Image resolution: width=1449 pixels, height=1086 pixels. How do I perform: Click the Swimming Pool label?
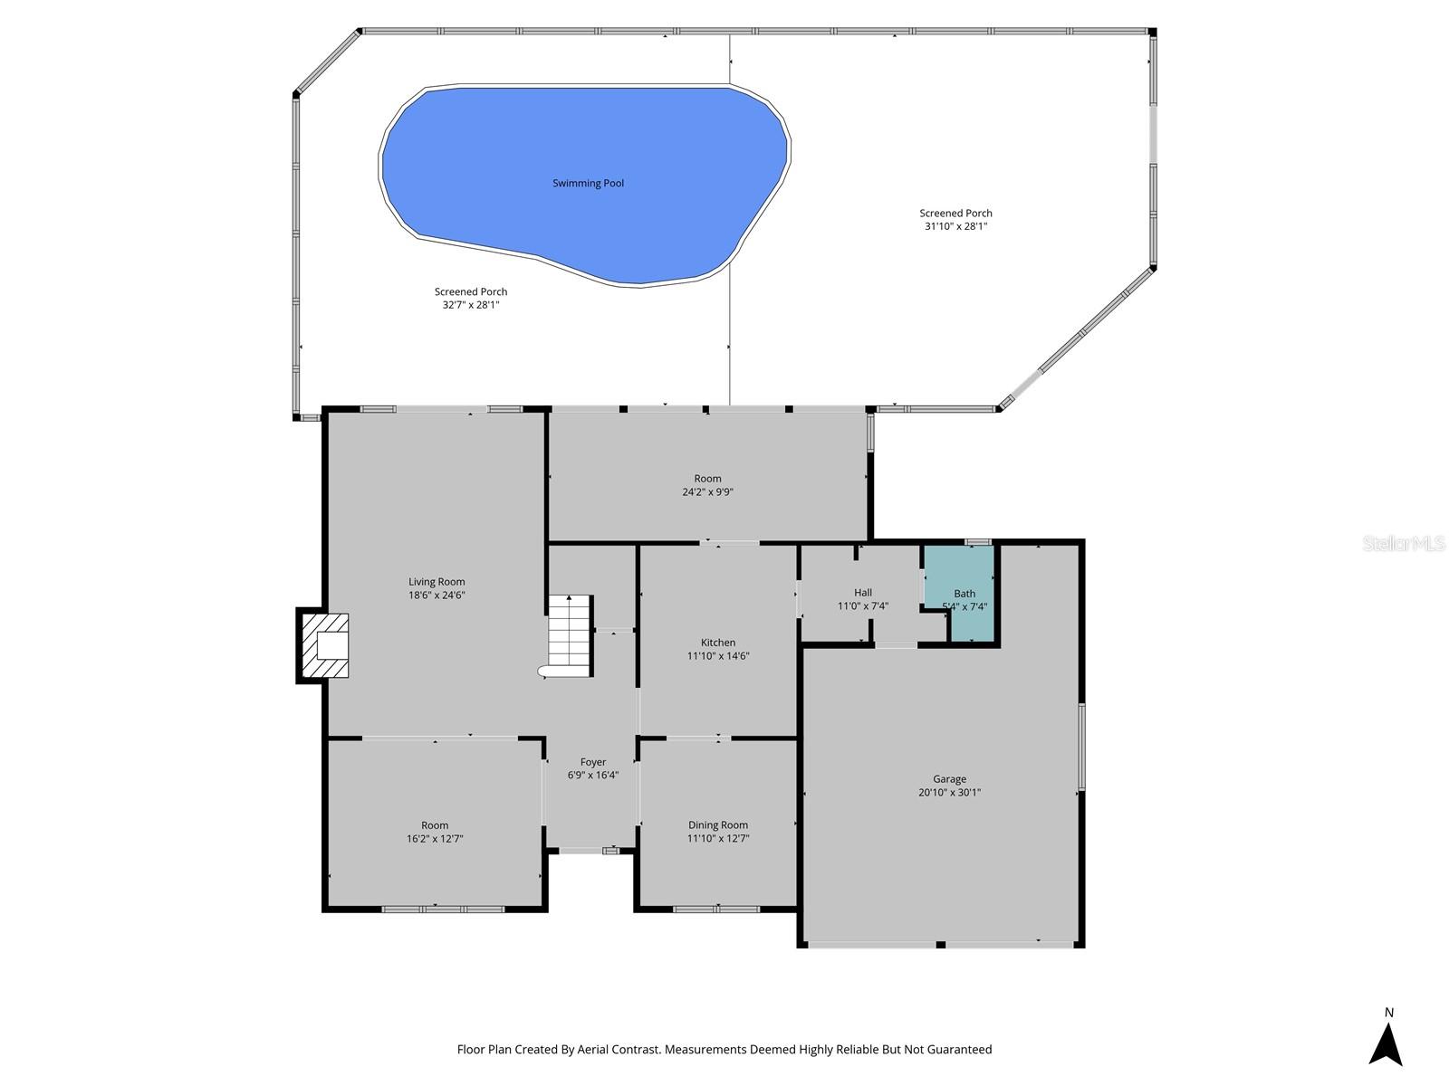pos(588,184)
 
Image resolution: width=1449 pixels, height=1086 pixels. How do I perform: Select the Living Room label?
pos(437,582)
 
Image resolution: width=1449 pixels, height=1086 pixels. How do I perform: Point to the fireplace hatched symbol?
pos(324,646)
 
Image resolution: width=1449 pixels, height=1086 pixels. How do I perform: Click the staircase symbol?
pos(570,634)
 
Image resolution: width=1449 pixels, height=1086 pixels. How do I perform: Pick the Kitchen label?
pos(718,643)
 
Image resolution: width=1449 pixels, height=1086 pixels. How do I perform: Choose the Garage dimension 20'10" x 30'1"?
pos(949,793)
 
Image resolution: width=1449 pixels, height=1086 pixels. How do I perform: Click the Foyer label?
pos(593,762)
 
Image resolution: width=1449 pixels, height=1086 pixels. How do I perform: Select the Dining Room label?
pos(718,824)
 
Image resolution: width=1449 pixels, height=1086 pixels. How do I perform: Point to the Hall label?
pos(863,593)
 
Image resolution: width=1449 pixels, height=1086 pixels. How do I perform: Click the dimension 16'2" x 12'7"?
pos(435,839)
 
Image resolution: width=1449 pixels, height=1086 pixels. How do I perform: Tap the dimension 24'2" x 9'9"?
pos(707,492)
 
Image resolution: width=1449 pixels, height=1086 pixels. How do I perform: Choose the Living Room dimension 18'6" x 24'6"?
pos(437,595)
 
